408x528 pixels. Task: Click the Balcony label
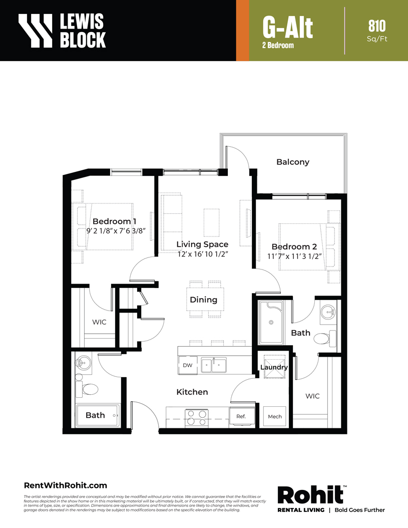tap(293, 162)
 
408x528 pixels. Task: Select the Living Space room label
tap(202, 244)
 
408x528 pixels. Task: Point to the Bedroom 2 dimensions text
tap(294, 256)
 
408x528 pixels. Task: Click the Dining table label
tap(203, 300)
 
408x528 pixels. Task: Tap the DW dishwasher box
tap(188, 365)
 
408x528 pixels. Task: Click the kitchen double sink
tap(214, 365)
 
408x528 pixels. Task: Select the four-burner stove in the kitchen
tap(197, 418)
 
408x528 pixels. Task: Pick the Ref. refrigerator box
tap(241, 417)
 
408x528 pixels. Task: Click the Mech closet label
tap(275, 417)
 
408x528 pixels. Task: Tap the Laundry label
tap(274, 367)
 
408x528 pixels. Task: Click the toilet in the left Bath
tap(87, 389)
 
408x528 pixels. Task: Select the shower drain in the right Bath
tap(271, 322)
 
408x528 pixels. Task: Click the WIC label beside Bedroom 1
tap(99, 322)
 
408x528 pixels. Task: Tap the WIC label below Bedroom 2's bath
tap(312, 396)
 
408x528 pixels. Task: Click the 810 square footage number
tap(377, 26)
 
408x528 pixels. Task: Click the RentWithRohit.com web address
tap(65, 485)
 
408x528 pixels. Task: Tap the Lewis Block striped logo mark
tap(36, 30)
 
